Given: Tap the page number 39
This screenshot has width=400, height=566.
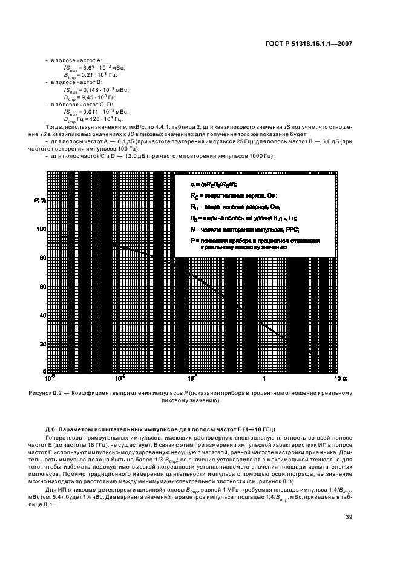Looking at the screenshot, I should point(349,517).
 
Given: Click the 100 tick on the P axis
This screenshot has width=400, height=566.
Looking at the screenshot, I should point(42,229).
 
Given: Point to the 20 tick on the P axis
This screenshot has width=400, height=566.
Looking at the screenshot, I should point(43,344).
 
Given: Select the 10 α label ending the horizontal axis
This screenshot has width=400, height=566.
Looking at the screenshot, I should point(340,379).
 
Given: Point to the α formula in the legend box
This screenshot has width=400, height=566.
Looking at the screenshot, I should point(212,184).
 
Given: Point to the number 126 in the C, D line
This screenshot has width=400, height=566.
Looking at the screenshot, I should point(91,119).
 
